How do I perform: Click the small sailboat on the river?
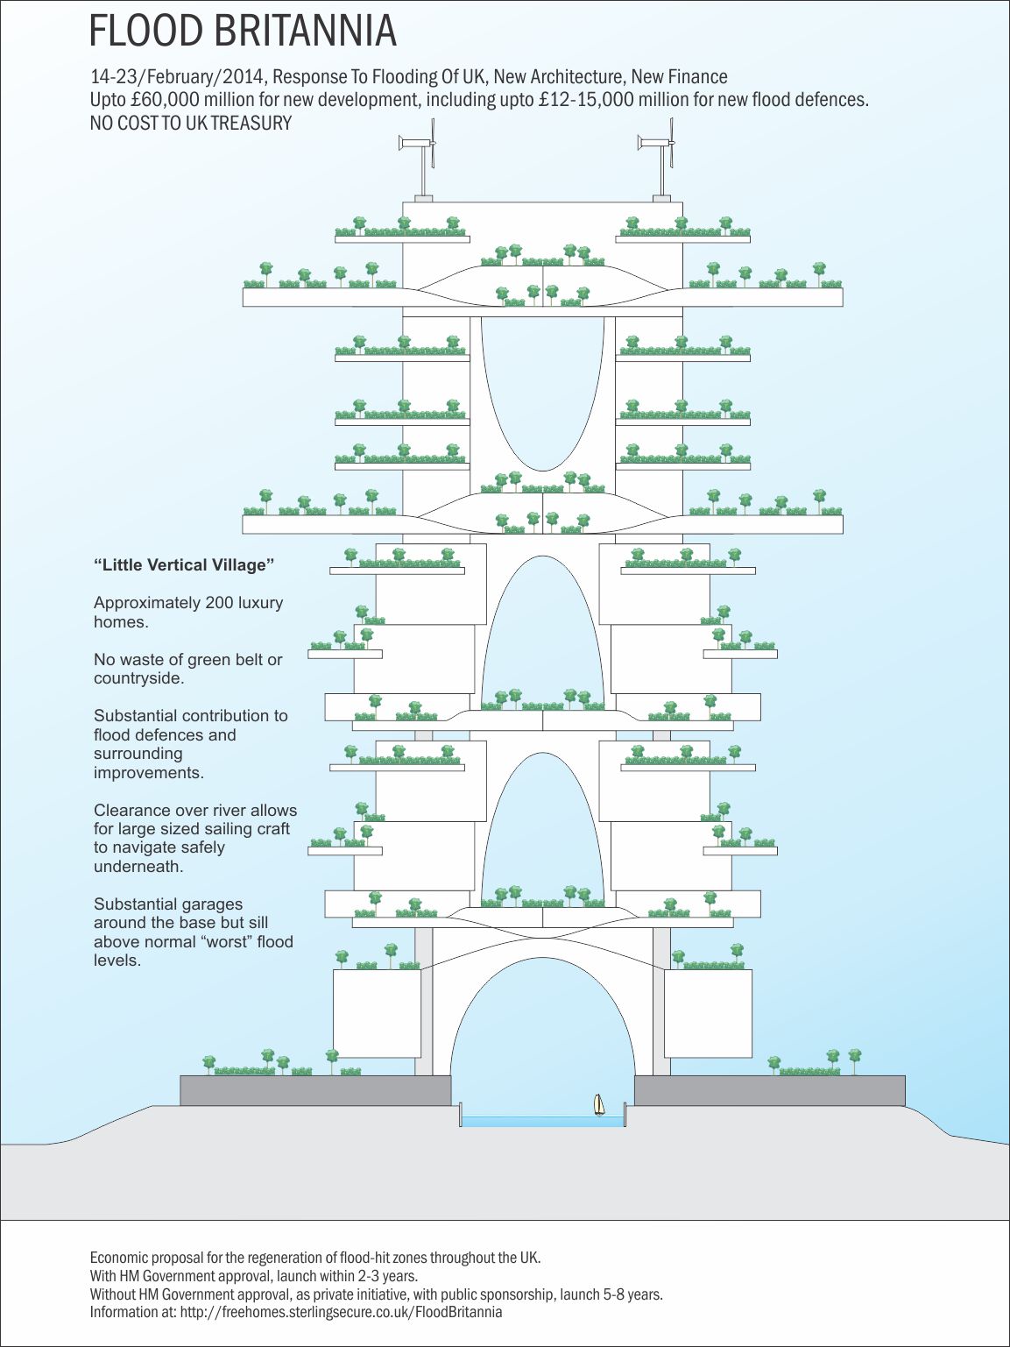599,1105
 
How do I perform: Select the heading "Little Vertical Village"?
184,565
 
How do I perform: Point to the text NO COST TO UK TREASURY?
191,124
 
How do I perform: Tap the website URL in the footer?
341,1312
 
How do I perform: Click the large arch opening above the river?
542,1025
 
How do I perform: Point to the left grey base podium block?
315,1090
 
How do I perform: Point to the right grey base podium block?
769,1090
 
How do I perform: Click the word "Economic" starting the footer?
119,1258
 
